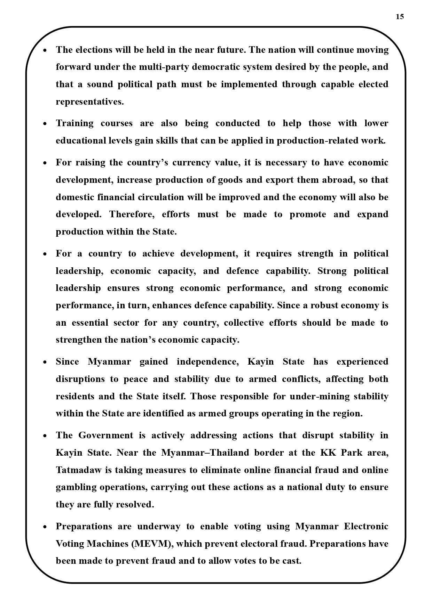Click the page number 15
(400, 17)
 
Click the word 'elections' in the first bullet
(94, 50)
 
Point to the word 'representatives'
(89, 101)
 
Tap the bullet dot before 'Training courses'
(45, 124)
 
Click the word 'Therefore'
(132, 214)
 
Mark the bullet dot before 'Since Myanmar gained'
(45, 362)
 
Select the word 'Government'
(105, 435)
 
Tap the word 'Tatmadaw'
(79, 470)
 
